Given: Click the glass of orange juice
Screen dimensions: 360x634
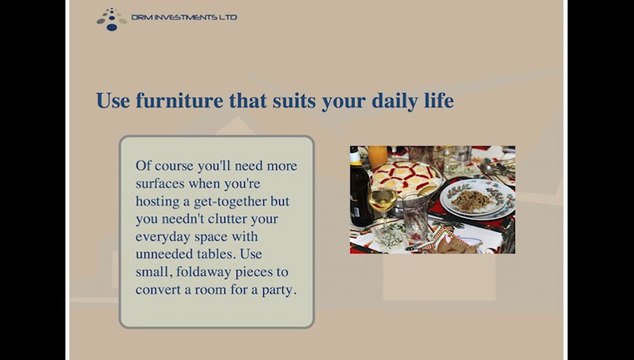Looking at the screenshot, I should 379,157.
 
